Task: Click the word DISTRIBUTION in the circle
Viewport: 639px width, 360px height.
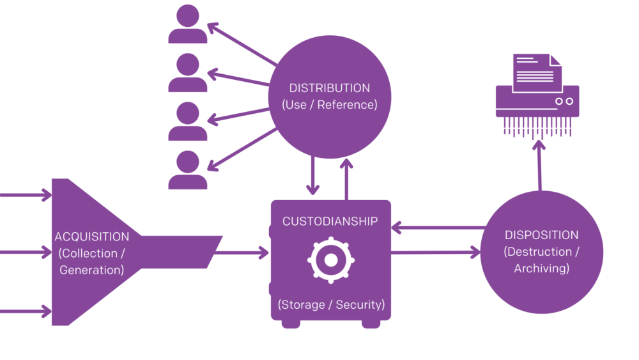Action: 329,88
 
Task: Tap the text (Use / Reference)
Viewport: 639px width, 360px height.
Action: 329,105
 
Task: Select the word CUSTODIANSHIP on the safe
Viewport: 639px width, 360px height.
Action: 330,222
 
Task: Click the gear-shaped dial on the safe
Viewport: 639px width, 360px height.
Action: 330,260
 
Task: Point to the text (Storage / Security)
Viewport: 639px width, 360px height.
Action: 331,304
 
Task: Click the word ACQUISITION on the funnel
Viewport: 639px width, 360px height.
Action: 91,237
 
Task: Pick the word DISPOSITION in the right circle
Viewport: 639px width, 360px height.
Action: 541,235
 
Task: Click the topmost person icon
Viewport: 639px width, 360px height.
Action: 187,24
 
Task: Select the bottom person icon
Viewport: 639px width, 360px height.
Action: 187,170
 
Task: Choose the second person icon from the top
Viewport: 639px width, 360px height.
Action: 187,72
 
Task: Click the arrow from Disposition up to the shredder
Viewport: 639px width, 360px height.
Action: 539,166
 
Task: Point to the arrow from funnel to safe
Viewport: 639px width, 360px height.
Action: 240,253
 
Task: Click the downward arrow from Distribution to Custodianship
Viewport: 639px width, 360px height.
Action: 312,176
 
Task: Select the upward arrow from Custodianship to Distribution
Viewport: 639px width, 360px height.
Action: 346,179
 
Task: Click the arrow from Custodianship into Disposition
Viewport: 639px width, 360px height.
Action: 435,253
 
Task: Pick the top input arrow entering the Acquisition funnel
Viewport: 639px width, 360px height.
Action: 26,194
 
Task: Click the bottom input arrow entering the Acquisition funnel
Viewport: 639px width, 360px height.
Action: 26,311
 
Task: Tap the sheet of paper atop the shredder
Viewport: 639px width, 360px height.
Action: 535,72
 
